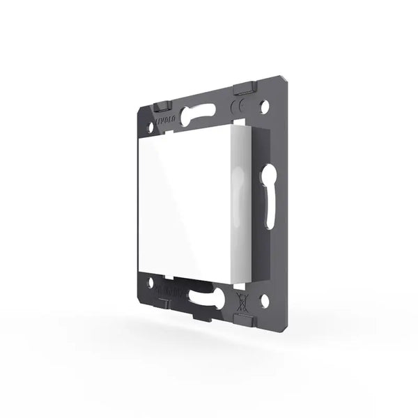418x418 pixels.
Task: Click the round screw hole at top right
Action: tap(266, 108)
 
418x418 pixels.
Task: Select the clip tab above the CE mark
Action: tap(244, 87)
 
